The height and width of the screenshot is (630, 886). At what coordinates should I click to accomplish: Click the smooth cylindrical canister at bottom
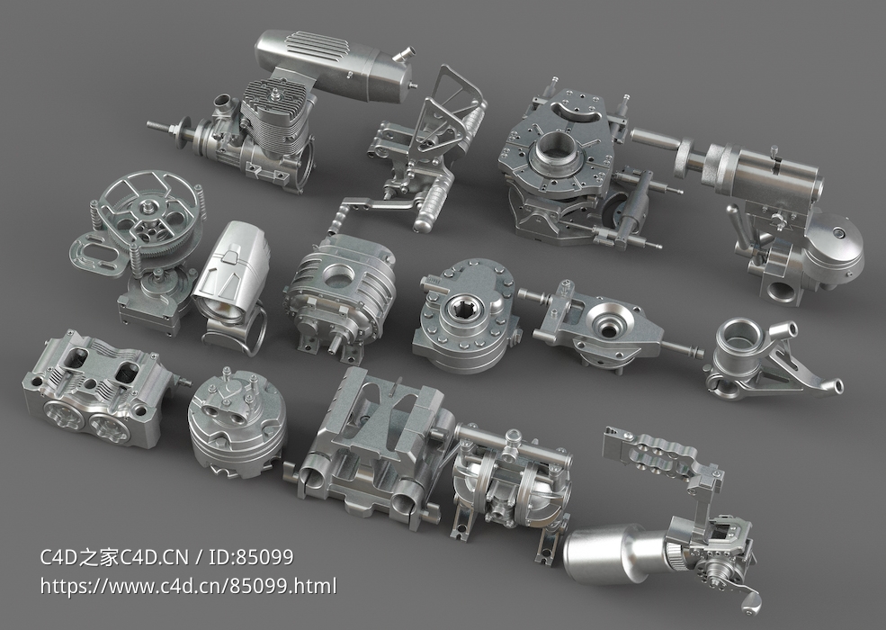612,551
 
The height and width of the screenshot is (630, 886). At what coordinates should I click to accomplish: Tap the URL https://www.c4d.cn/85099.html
189,587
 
